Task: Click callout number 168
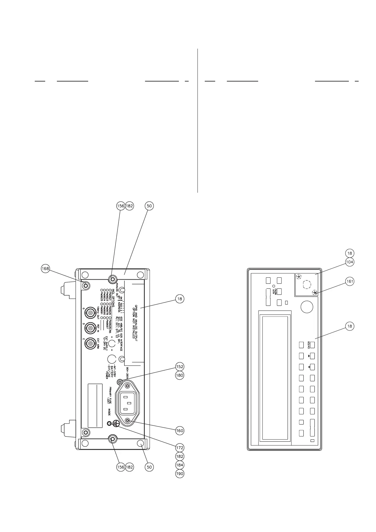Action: (x=45, y=269)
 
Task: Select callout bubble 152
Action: (x=180, y=367)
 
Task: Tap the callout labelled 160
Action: (x=180, y=431)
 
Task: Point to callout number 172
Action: (x=180, y=448)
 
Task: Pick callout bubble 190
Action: (x=180, y=474)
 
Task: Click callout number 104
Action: (x=349, y=262)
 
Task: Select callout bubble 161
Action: (x=349, y=281)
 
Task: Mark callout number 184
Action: (x=180, y=465)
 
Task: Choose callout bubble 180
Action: (x=180, y=376)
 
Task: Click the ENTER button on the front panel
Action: (x=312, y=344)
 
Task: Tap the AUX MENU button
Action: (x=279, y=291)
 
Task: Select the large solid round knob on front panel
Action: (x=306, y=307)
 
